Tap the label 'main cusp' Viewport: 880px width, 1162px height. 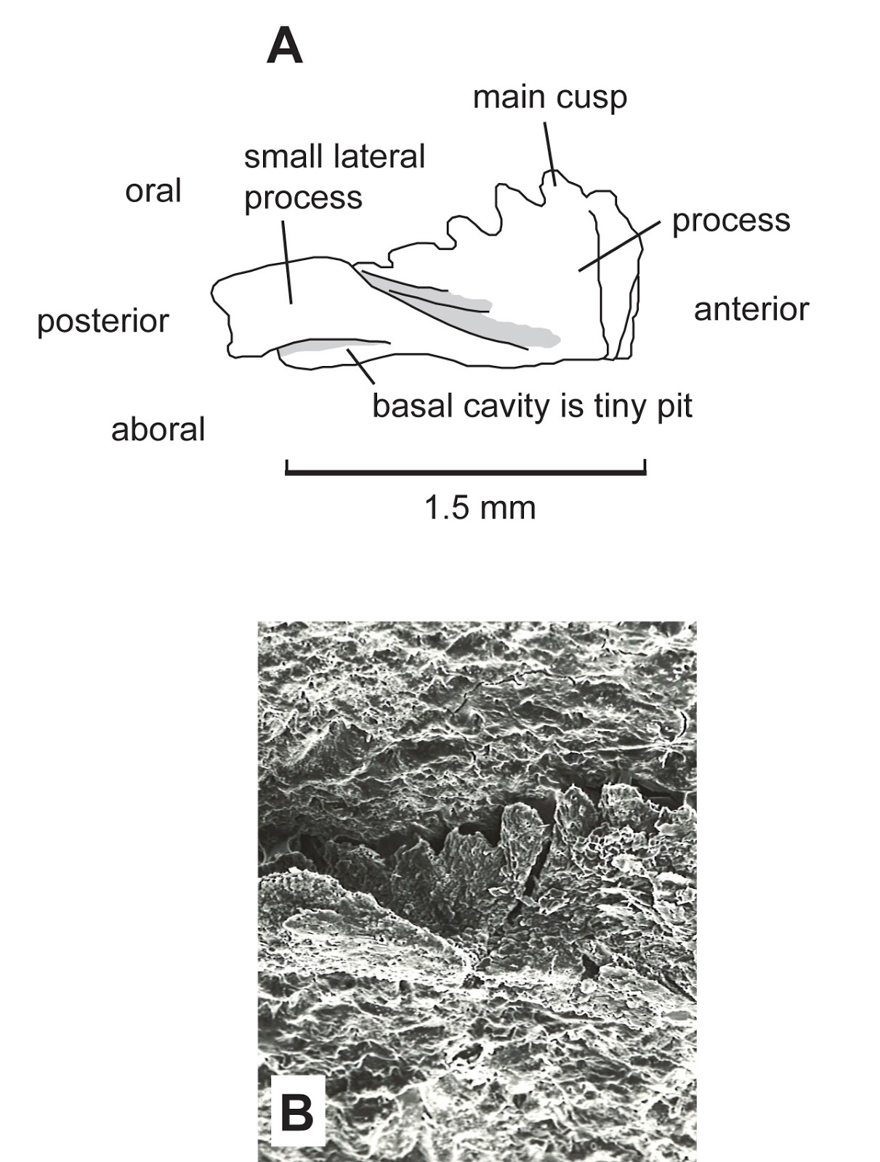point(549,97)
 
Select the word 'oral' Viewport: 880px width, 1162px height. point(153,191)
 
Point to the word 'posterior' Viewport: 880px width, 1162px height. point(102,321)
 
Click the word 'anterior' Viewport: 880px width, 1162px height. point(751,309)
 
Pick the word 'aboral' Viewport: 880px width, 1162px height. point(158,429)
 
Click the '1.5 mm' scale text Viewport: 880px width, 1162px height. point(480,508)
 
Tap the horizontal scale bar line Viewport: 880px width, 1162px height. point(466,473)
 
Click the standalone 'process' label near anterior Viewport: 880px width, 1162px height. point(730,221)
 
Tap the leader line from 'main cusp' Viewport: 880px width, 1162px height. point(549,153)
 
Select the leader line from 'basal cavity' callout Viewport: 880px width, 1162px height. point(361,365)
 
